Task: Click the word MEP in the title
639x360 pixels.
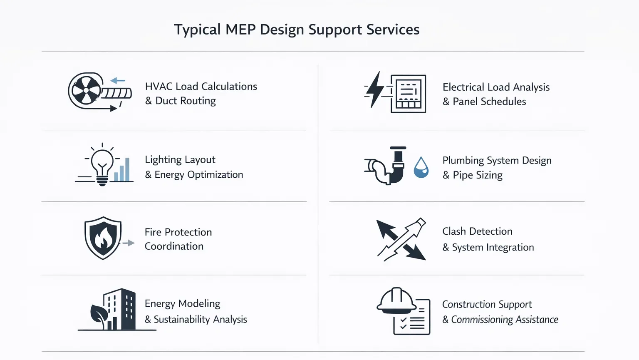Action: click(240, 30)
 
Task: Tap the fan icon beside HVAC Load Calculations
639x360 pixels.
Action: click(86, 91)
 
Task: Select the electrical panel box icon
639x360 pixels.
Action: click(408, 94)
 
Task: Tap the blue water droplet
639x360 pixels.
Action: click(421, 167)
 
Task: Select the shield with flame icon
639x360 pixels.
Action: click(103, 238)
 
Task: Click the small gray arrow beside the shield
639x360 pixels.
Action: click(129, 243)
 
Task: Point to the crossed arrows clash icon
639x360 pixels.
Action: click(401, 240)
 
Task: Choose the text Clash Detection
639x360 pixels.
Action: click(477, 231)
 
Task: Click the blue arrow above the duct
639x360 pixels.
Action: click(118, 81)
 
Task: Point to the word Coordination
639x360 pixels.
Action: click(174, 246)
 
